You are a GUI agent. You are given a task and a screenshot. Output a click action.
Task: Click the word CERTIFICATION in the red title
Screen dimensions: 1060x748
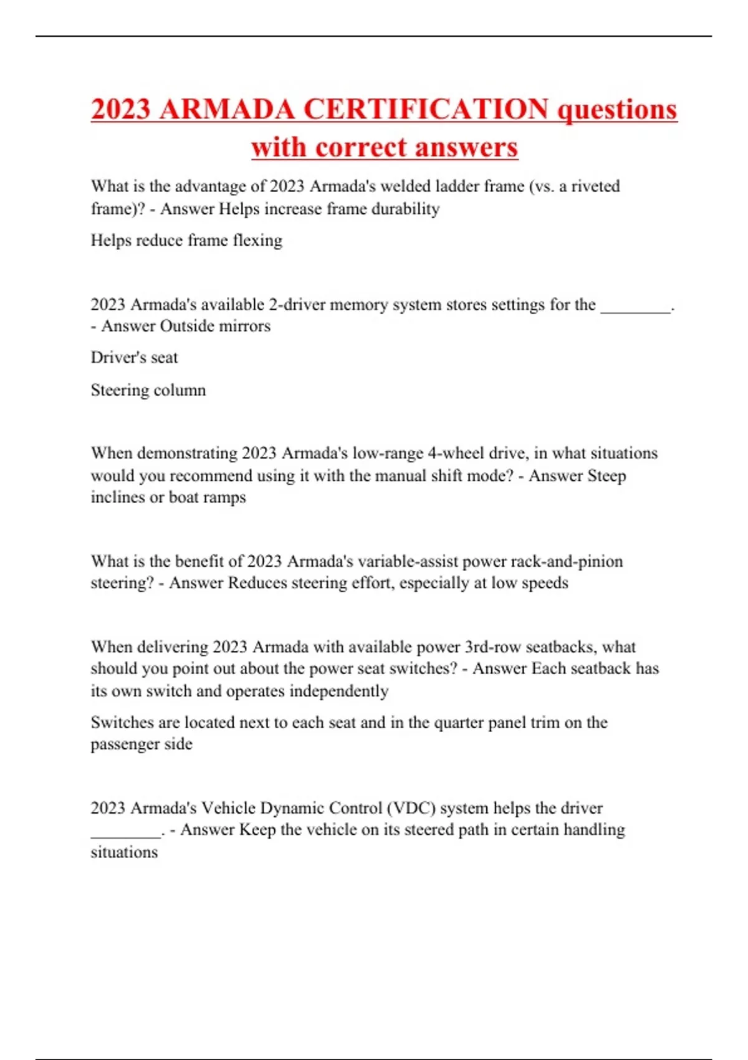tap(426, 109)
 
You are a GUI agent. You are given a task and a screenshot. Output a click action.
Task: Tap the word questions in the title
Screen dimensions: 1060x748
tap(616, 109)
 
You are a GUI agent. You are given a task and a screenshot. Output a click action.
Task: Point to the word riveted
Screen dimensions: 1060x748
tap(595, 186)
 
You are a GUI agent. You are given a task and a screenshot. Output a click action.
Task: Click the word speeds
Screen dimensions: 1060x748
tap(542, 583)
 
